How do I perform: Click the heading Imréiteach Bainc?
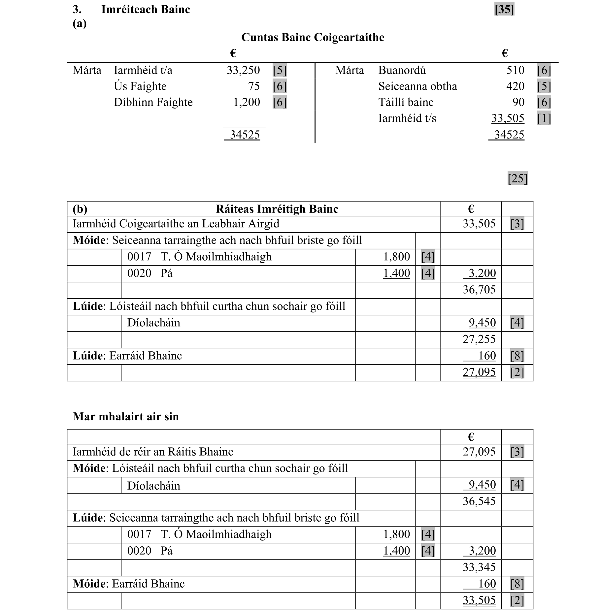(146, 10)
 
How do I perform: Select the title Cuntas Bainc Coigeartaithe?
(313, 37)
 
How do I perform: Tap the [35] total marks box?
(504, 10)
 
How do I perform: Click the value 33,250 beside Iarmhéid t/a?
(243, 70)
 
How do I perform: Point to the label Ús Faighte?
(140, 86)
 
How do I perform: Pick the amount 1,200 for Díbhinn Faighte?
(247, 102)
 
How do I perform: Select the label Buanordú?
(402, 70)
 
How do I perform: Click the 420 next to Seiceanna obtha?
(515, 86)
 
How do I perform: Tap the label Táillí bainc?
(406, 102)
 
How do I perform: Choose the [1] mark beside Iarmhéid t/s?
(544, 118)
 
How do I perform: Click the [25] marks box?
(517, 178)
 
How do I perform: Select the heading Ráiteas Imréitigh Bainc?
(277, 209)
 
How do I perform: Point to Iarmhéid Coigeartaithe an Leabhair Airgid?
(176, 224)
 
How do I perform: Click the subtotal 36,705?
(479, 290)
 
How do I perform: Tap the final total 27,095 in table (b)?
(479, 372)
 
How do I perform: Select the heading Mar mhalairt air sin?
(126, 416)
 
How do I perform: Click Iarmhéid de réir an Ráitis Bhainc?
(153, 452)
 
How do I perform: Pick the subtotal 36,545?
(479, 501)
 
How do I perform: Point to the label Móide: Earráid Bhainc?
(129, 584)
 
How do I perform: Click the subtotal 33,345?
(479, 567)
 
